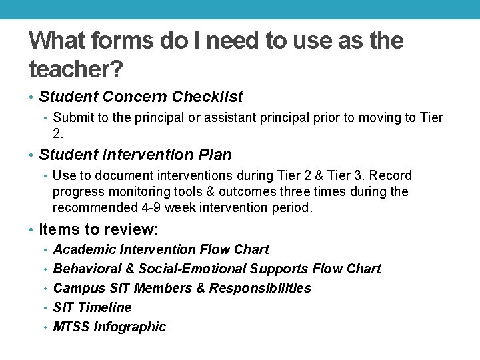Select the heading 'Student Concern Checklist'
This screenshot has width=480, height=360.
(x=141, y=97)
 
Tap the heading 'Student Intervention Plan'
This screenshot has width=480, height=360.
(x=135, y=155)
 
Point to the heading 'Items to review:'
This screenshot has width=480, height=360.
(x=99, y=229)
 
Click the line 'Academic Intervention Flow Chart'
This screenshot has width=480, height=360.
(x=161, y=249)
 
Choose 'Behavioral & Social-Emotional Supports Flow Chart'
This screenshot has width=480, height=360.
(x=217, y=269)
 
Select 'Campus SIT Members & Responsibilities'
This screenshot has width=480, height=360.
(x=182, y=288)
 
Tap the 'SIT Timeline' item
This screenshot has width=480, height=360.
(x=92, y=307)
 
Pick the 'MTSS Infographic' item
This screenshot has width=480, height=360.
(x=109, y=327)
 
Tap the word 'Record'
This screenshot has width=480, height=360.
(x=390, y=175)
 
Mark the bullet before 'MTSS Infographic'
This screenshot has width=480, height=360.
(x=45, y=327)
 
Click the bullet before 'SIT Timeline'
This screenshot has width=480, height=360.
(x=45, y=308)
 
